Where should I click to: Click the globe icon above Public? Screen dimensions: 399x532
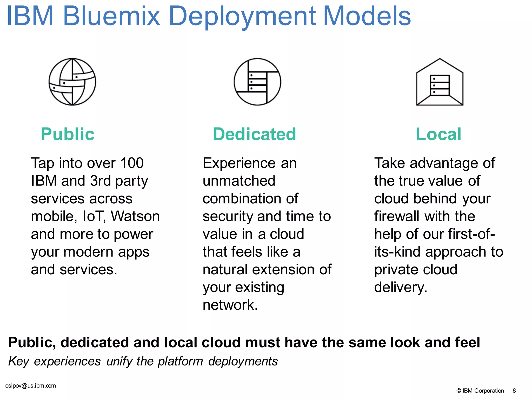coord(72,82)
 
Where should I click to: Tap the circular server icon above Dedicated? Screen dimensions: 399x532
coord(257,82)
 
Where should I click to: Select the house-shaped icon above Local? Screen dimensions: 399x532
coord(440,82)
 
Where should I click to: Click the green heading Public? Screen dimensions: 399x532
coord(68,134)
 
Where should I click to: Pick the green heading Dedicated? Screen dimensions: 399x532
coord(254,134)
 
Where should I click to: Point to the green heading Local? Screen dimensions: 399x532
coord(438,134)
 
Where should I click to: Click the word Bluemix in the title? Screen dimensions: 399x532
coord(111,16)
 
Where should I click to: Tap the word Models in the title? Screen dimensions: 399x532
coord(367,16)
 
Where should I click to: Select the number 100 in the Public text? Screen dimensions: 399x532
coord(132,163)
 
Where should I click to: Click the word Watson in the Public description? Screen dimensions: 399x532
coord(135,216)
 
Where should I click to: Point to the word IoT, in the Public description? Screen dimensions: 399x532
coord(94,216)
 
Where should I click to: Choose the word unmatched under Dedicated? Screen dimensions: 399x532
coord(239,181)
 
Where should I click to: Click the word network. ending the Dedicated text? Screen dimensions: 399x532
coord(230,305)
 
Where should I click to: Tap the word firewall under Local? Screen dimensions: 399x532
coord(397,216)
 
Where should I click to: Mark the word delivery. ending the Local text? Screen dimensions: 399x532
coord(401,287)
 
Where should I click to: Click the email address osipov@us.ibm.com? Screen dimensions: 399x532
coord(31,386)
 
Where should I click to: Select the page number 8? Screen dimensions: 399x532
coord(514,391)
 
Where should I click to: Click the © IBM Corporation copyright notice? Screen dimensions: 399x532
coord(480,391)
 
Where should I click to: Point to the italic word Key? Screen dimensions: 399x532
coord(18,362)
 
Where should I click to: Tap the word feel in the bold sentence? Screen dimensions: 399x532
coord(467,342)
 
